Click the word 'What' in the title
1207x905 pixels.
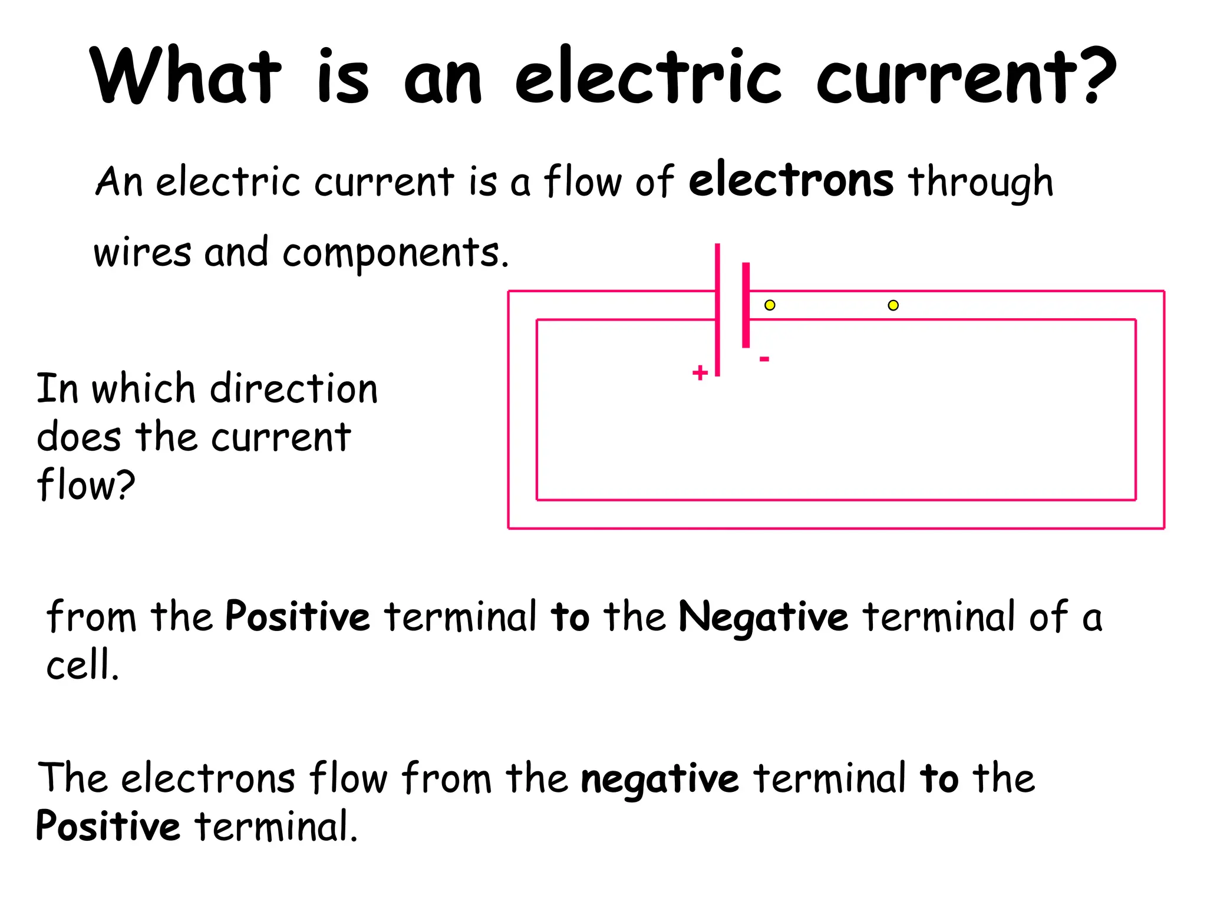pyautogui.click(x=186, y=77)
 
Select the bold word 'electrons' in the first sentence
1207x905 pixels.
pyautogui.click(x=791, y=180)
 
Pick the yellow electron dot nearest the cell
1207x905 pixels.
pyautogui.click(x=770, y=305)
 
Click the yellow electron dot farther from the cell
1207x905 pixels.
pyautogui.click(x=893, y=305)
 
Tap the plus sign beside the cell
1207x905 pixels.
pyautogui.click(x=700, y=372)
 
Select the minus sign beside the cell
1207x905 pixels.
pyautogui.click(x=764, y=359)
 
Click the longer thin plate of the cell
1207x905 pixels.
pyautogui.click(x=717, y=309)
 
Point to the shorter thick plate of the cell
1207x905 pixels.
pyautogui.click(x=746, y=305)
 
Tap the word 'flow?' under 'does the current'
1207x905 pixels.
pyautogui.click(x=86, y=485)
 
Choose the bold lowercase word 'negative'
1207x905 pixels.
pyautogui.click(x=659, y=779)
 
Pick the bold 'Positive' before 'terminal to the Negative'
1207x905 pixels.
pyautogui.click(x=298, y=616)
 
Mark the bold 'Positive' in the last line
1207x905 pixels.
pyautogui.click(x=108, y=826)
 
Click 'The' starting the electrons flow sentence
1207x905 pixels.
pyautogui.click(x=72, y=778)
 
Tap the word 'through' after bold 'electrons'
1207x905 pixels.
pyautogui.click(x=980, y=183)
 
